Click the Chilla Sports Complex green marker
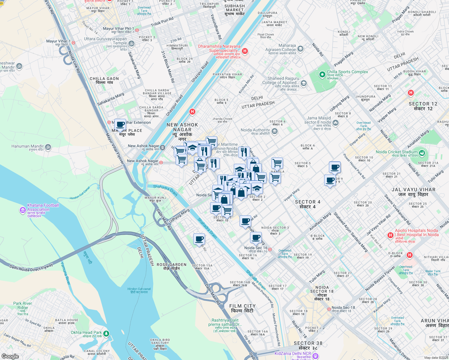tap(322, 74)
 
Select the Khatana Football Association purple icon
tap(23, 210)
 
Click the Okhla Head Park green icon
tap(106, 334)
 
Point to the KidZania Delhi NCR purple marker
tap(315, 355)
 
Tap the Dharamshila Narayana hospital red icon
tap(245, 51)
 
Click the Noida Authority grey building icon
tap(274, 131)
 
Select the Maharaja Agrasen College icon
tap(300, 49)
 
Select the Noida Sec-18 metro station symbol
tap(329, 309)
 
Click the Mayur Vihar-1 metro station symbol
tap(73, 43)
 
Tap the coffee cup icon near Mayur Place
tap(120, 124)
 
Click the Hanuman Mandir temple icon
tap(48, 147)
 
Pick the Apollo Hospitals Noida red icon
tap(390, 235)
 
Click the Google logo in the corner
tap(10, 356)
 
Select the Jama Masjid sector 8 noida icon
tap(335, 122)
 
